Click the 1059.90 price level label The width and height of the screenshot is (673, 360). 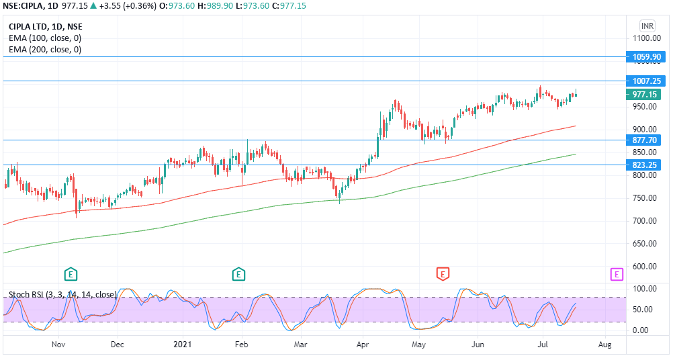click(x=647, y=57)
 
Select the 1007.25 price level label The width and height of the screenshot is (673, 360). click(x=647, y=81)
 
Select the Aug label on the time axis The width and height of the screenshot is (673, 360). click(x=604, y=345)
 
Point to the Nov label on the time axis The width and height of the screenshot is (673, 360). click(x=58, y=345)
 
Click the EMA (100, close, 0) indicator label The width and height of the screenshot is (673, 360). click(x=45, y=38)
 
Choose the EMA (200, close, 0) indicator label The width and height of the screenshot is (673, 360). click(x=45, y=50)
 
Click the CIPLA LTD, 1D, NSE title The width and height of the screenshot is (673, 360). click(x=46, y=27)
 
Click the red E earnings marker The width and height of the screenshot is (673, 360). click(x=443, y=273)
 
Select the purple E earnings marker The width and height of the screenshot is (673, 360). click(x=617, y=273)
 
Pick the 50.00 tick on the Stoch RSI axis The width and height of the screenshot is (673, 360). click(x=643, y=310)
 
